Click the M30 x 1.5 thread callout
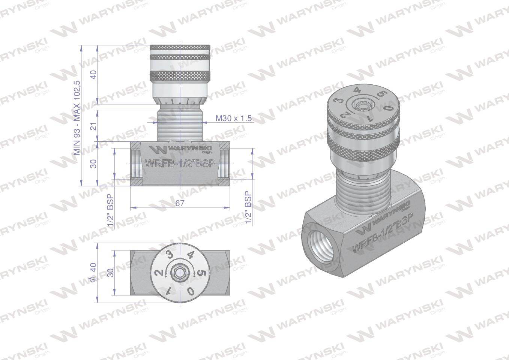click(233, 118)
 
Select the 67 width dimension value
click(180, 203)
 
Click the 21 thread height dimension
click(93, 126)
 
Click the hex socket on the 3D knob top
click(362, 105)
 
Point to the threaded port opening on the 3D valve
click(315, 247)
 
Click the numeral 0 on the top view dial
click(191, 291)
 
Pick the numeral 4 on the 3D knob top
click(357, 90)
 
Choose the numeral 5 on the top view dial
click(201, 273)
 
